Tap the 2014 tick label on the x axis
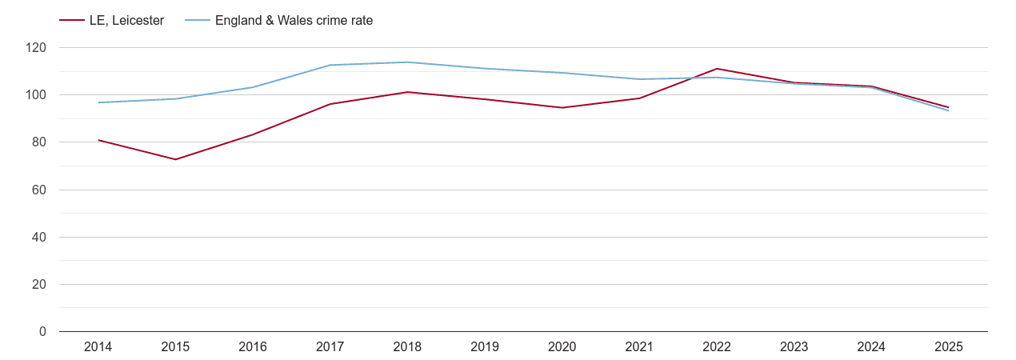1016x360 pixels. [98, 347]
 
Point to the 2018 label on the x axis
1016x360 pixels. [407, 347]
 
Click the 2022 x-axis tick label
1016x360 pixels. [716, 347]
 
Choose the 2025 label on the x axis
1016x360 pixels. [948, 347]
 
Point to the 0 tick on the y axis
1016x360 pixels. [43, 332]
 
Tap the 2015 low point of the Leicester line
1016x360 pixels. [175, 159]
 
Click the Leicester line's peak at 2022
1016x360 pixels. [716, 69]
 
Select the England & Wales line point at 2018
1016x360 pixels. [407, 62]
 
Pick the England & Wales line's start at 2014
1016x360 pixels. [98, 102]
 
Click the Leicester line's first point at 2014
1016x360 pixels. [98, 140]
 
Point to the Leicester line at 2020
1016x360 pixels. [562, 108]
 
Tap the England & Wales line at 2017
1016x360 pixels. [330, 65]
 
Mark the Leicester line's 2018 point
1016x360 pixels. [407, 92]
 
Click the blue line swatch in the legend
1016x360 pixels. [198, 21]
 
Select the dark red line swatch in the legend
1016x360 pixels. [72, 21]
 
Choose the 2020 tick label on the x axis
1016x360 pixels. [562, 347]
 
